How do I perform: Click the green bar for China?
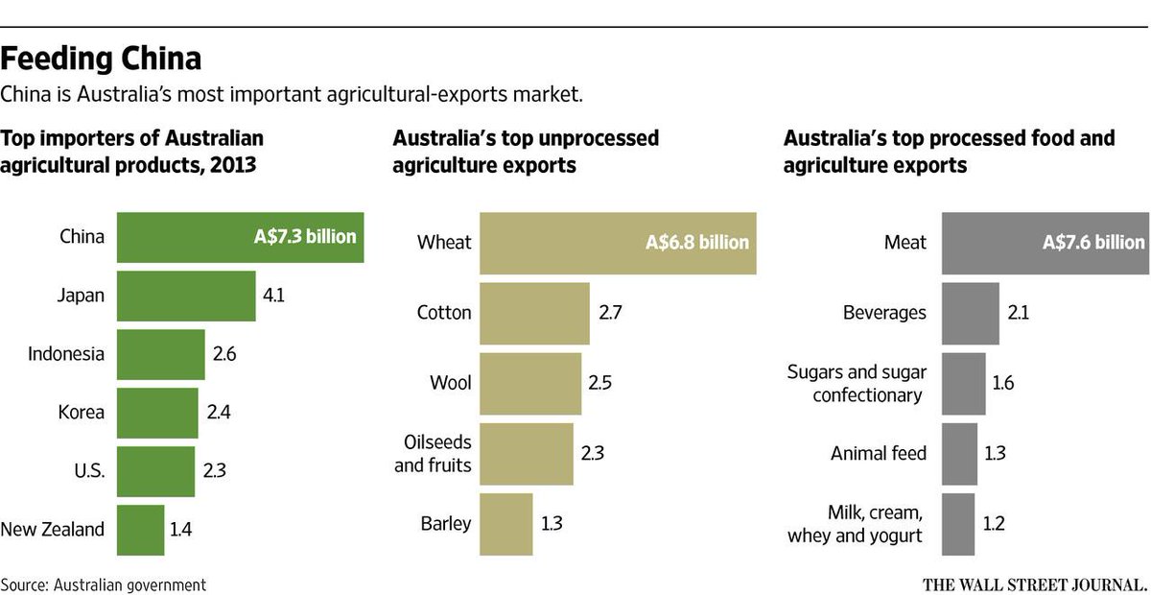[240, 236]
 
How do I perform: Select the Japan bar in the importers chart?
[186, 296]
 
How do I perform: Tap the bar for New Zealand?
[140, 529]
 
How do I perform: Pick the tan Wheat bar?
[618, 242]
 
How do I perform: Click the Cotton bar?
[534, 312]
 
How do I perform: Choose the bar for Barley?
[505, 523]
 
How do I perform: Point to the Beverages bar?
[971, 312]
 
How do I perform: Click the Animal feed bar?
[960, 452]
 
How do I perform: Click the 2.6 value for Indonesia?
[224, 353]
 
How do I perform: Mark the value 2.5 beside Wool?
[599, 382]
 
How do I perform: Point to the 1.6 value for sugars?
[1003, 382]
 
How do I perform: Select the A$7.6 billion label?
[1092, 242]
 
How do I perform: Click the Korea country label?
[81, 412]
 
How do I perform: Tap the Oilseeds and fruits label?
[433, 453]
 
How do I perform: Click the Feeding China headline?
[101, 59]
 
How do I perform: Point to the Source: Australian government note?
[104, 583]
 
